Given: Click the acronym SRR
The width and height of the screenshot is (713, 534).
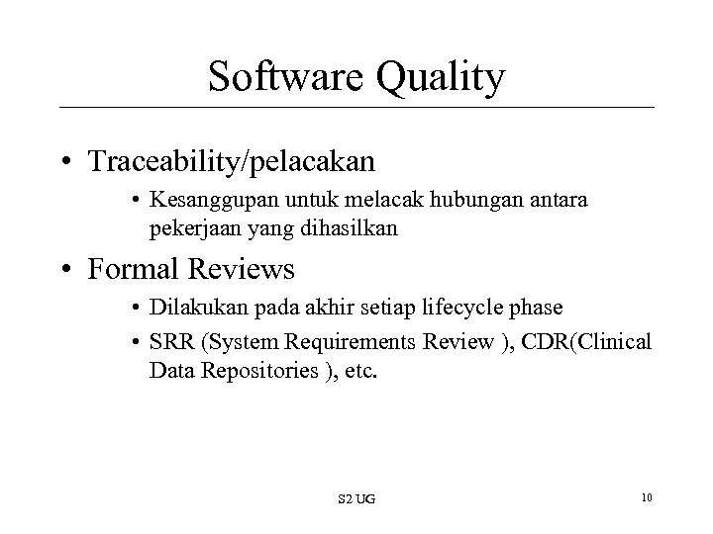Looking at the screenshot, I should [169, 343].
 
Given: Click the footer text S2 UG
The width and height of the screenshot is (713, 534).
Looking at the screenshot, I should [358, 495].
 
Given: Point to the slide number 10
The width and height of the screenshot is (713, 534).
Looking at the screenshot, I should [646, 494].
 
